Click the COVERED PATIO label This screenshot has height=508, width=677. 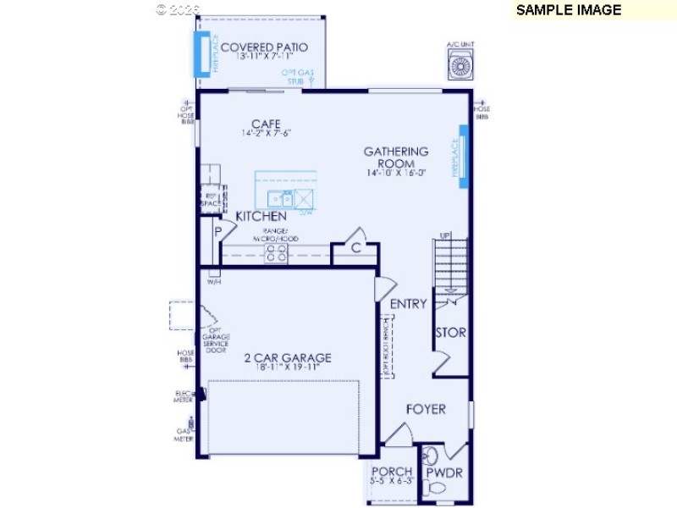tap(264, 47)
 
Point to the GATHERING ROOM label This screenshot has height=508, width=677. tap(396, 157)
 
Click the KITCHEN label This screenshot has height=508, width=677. tap(261, 216)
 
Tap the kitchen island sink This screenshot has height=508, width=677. tap(280, 199)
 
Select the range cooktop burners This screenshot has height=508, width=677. tap(277, 252)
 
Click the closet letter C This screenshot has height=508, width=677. tap(355, 248)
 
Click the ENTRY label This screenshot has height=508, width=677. tap(408, 304)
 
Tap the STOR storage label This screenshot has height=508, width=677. tap(450, 333)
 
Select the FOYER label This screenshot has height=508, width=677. tap(426, 409)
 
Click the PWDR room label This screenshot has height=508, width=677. tap(444, 472)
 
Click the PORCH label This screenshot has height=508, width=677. tap(392, 471)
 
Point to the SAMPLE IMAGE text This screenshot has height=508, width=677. tap(569, 10)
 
